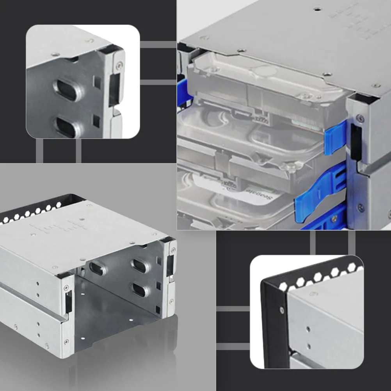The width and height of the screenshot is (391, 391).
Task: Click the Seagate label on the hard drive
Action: (259, 194)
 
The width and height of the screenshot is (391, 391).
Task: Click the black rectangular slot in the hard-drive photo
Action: (356, 142)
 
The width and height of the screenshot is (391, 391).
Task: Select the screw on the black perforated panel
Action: (282, 310)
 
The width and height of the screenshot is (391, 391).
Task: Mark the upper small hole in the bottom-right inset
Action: (308, 329)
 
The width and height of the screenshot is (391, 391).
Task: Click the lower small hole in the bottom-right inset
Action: (309, 346)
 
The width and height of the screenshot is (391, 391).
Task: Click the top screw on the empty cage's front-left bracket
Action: (66, 288)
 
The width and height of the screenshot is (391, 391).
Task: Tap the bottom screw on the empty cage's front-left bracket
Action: (66, 341)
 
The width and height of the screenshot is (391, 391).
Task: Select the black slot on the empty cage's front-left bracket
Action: (69, 301)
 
